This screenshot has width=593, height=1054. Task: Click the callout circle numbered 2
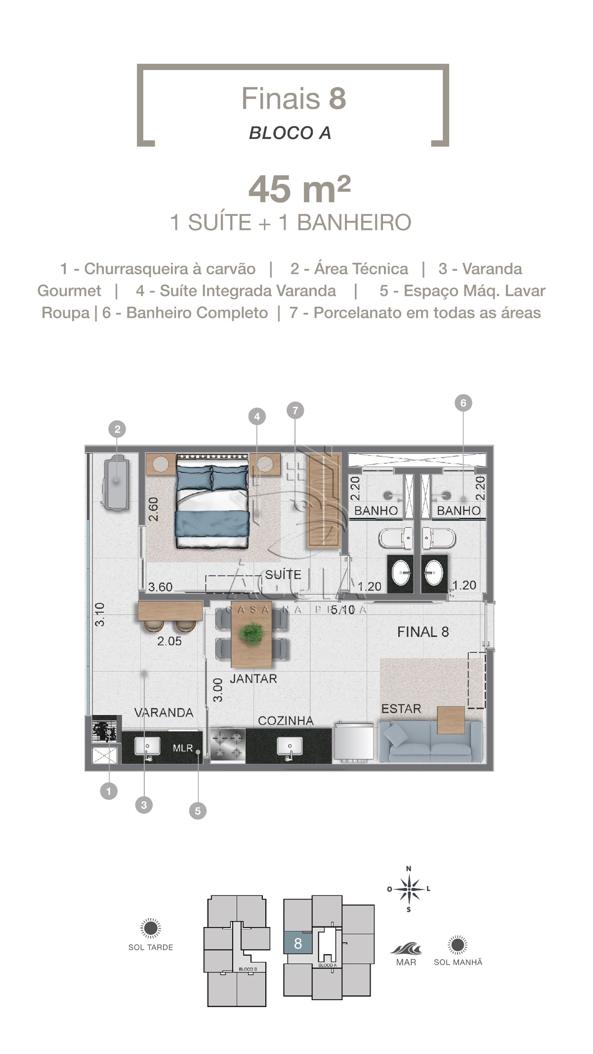tap(117, 429)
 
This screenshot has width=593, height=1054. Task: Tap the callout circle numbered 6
tap(463, 403)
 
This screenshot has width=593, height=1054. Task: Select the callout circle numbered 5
tap(198, 810)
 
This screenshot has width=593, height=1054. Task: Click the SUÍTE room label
tap(283, 574)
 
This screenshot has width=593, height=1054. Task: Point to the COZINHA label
tap(286, 720)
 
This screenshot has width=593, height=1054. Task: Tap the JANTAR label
tap(253, 678)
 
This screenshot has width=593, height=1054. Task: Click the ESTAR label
tap(401, 709)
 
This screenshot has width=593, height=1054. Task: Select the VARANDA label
tap(164, 712)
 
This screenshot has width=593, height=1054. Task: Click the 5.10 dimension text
tap(343, 610)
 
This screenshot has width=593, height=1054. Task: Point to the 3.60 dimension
tap(160, 587)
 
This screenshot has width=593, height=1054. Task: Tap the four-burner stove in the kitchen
tap(228, 745)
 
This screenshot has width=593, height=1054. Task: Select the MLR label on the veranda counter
tap(182, 748)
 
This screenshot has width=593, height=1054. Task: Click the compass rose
tap(409, 889)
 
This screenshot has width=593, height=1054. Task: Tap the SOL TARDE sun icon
tap(151, 928)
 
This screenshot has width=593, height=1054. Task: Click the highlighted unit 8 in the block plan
tap(297, 943)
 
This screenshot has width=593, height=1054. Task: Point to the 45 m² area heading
tap(299, 189)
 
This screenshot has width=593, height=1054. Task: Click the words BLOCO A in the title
tap(290, 133)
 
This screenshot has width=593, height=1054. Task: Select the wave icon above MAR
tap(406, 949)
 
